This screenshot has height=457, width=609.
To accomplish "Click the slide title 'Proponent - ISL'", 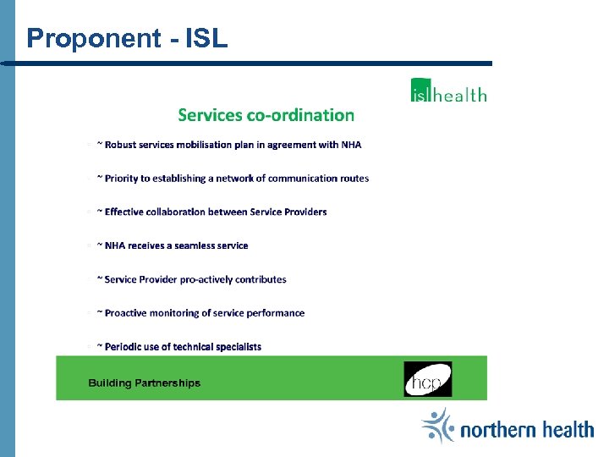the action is pyautogui.click(x=127, y=38).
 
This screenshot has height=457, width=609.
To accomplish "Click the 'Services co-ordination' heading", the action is pyautogui.click(x=266, y=115).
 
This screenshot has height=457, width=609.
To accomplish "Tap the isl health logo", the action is pyautogui.click(x=448, y=91).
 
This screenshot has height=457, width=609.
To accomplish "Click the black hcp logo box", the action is pyautogui.click(x=427, y=379).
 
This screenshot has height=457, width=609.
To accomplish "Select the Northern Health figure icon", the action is pyautogui.click(x=438, y=426).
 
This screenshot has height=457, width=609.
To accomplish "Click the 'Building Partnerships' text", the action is pyautogui.click(x=144, y=383).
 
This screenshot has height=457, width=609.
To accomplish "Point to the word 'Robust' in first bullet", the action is pyautogui.click(x=120, y=145).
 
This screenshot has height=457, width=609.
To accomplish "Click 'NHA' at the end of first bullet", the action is pyautogui.click(x=351, y=145).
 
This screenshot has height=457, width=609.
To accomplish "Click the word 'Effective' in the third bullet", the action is pyautogui.click(x=124, y=212).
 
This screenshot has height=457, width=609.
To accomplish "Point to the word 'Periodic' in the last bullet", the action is pyautogui.click(x=123, y=346).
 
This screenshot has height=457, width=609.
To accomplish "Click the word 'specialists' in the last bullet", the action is pyautogui.click(x=239, y=346).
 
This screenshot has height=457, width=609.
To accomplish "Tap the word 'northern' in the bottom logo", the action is pyautogui.click(x=499, y=431).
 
